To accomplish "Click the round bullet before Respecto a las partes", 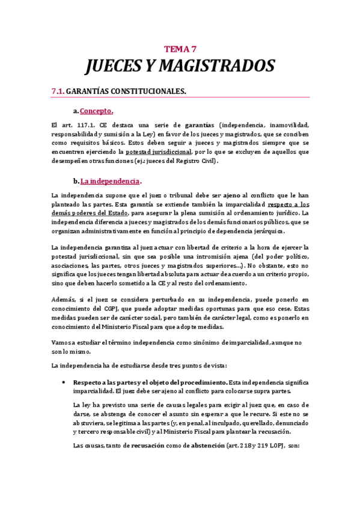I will pos(64,382).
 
